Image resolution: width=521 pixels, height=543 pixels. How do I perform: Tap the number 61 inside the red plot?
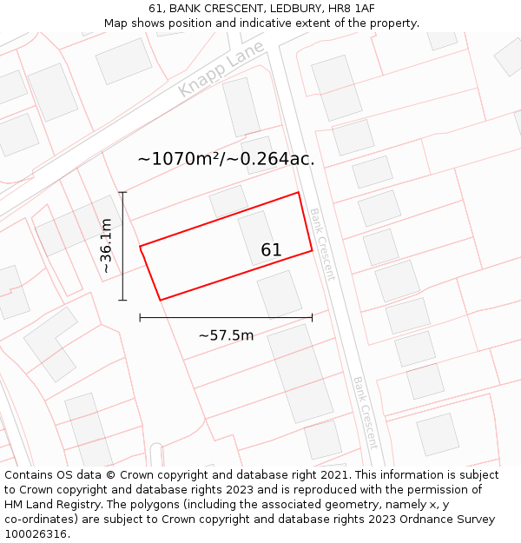point(271,250)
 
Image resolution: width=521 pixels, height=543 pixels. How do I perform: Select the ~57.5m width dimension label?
point(226,335)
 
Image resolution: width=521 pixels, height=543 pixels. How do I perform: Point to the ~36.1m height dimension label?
point(106,246)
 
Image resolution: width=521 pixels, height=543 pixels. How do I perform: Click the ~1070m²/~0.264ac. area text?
point(226,159)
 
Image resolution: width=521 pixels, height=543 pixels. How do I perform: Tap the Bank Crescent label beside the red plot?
point(321,244)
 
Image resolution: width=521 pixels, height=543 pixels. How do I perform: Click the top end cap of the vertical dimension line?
point(122,192)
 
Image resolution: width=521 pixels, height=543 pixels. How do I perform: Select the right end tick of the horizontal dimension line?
point(312,318)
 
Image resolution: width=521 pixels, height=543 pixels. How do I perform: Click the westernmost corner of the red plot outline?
point(140,247)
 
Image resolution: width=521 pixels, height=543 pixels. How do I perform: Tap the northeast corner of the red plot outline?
point(299,192)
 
